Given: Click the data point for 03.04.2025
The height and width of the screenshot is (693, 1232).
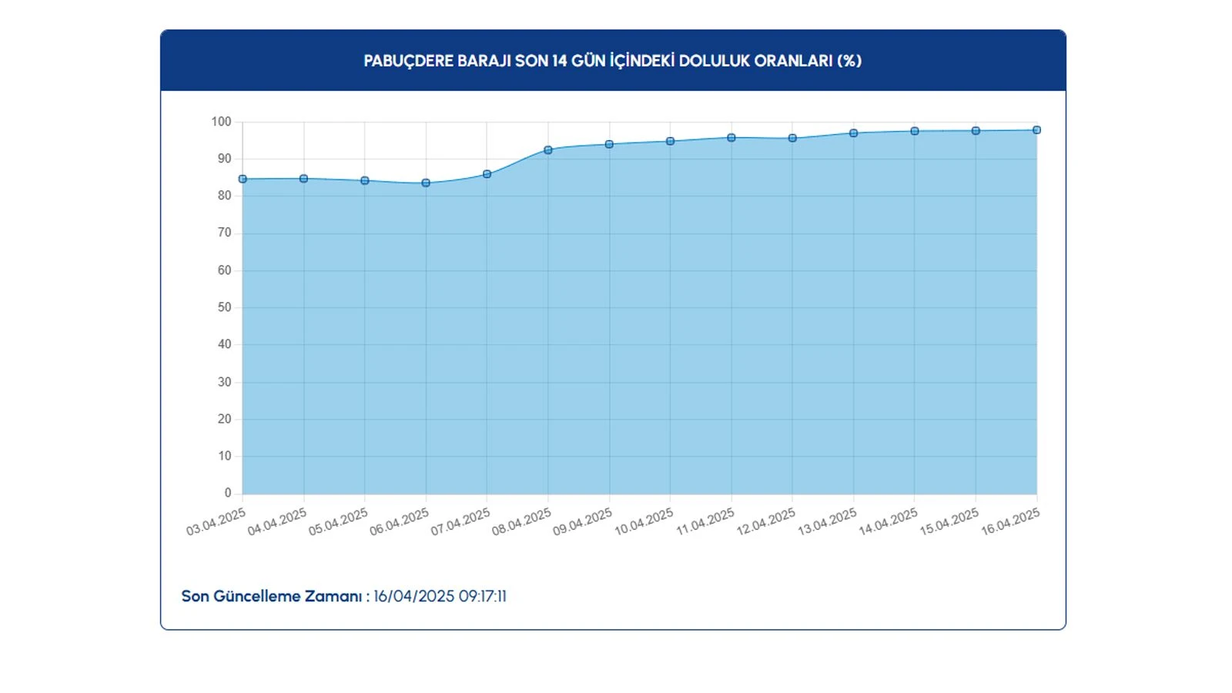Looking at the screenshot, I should pos(243,179).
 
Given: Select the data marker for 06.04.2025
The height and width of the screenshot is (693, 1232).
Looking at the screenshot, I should pos(426,183).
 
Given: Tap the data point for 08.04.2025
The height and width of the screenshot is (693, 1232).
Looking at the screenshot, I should pos(548,150).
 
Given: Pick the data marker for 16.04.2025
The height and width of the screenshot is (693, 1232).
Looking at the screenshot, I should pos(1036,130).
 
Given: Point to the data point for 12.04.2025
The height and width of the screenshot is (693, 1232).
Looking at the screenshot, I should pos(792,139).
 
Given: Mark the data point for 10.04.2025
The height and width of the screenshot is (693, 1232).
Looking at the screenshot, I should pos(670,142).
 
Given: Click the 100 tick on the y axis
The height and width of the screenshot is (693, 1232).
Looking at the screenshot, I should pos(221,122).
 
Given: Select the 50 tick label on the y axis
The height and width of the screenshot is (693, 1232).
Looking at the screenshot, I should pos(224,307).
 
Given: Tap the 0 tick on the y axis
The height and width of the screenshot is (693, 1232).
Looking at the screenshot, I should pos(228,493).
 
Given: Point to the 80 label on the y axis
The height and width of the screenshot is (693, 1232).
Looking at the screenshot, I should pos(224,196).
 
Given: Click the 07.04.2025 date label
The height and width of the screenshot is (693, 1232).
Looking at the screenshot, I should pos(460,522).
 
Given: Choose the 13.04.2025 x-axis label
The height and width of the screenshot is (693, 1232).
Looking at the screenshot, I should pos(827,522).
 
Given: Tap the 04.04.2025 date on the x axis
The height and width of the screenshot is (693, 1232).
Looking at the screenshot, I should pos(277,522).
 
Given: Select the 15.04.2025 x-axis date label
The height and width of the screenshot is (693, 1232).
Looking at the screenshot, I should pos(949,522).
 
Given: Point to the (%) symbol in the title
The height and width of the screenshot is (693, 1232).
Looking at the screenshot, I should pos(849,61).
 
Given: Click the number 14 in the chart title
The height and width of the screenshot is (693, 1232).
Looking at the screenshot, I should pos(559,61).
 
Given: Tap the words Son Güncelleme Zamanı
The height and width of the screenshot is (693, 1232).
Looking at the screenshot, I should pos(272,597).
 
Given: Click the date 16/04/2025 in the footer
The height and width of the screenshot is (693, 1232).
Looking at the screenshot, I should pos(414,597).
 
